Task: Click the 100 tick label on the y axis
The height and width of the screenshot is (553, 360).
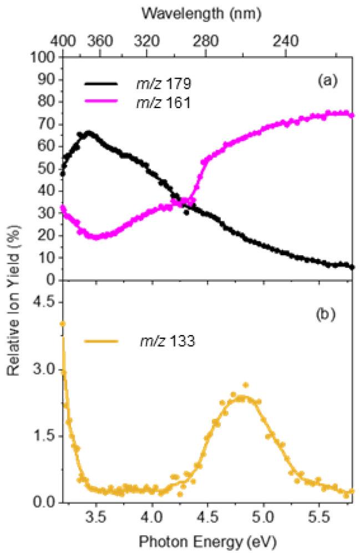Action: (x=45, y=57)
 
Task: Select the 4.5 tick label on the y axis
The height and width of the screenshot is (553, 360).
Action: (x=45, y=302)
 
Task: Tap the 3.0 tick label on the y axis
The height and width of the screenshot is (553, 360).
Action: (x=45, y=369)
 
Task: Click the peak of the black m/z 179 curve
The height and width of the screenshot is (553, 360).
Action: (x=88, y=133)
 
